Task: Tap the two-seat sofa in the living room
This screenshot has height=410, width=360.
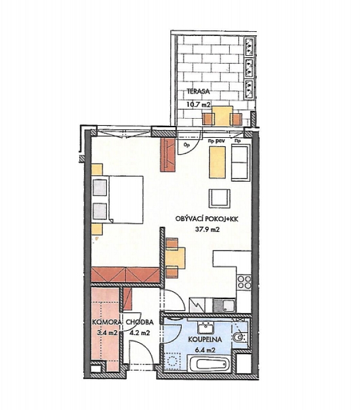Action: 241,162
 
